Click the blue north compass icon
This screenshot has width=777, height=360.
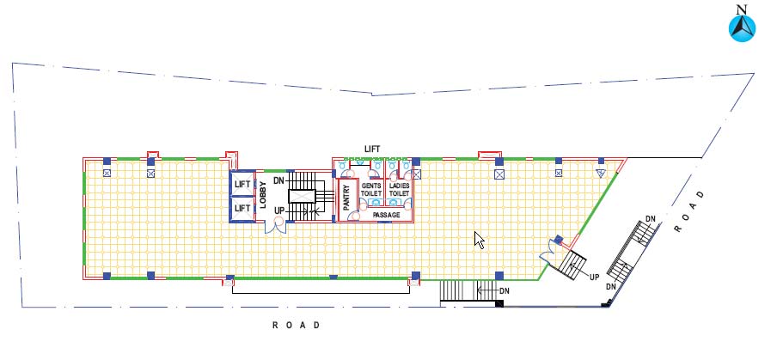point(742,28)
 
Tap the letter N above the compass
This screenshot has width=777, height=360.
point(741,9)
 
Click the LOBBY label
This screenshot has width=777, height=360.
point(263,195)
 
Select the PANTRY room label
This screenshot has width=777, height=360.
point(347,195)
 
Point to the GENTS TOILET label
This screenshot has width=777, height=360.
point(371,189)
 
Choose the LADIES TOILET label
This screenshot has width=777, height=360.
point(399,189)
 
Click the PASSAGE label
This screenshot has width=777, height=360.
point(386,215)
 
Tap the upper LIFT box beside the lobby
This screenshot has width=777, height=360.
point(242,184)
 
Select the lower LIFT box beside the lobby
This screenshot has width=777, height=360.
point(242,209)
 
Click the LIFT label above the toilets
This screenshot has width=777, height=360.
point(372,149)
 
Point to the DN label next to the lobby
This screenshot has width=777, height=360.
point(278,180)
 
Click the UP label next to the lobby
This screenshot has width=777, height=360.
point(279,211)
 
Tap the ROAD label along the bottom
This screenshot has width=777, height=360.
point(297,326)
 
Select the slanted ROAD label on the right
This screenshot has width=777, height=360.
point(688,211)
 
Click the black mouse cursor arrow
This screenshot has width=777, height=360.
point(480,241)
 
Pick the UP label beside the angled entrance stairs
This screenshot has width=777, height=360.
point(595,278)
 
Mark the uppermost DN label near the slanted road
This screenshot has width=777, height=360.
point(651,219)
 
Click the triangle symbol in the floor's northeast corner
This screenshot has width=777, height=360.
point(601,173)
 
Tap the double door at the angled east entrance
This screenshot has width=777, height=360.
point(549,253)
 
